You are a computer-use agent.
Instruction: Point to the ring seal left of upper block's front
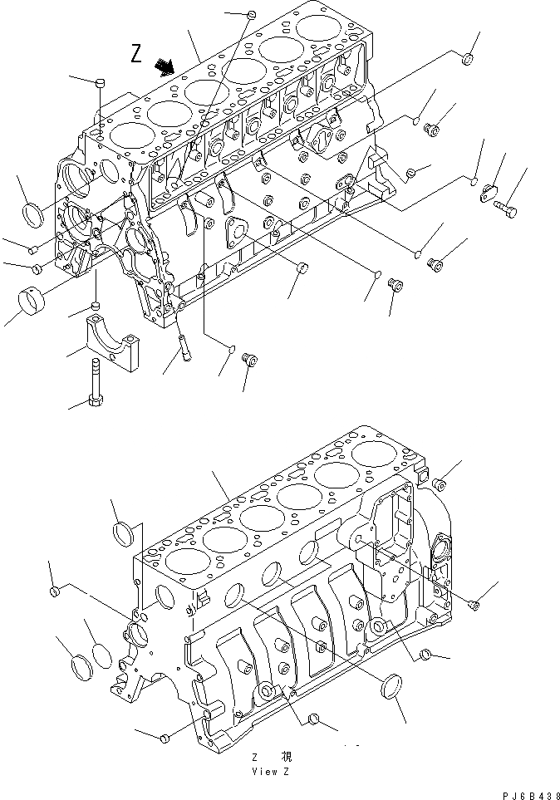34,213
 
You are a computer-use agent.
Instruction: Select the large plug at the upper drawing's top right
468,59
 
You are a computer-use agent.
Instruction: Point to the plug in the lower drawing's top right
440,483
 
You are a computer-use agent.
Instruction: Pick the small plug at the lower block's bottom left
165,736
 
